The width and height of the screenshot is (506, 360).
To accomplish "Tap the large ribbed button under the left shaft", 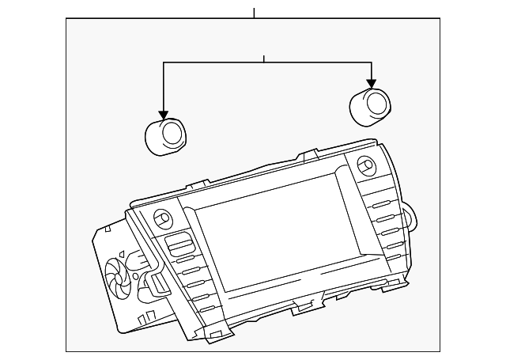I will point(179,244).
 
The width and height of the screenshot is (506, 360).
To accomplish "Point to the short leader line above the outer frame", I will point(254,13).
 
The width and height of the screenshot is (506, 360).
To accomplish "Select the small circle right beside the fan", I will point(137,276).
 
